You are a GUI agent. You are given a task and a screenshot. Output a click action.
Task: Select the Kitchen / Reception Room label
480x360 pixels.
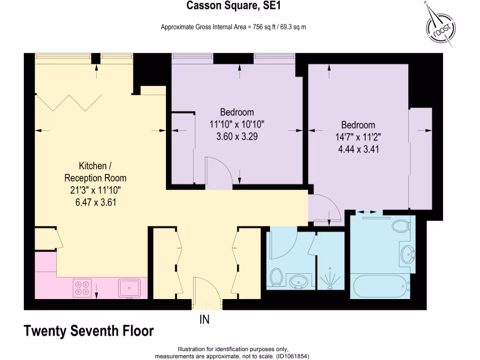click(x=95, y=172)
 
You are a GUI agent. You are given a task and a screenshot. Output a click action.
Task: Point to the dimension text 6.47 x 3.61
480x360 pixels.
click(x=95, y=202)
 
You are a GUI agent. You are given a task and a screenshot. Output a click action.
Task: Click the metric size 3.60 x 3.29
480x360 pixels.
click(x=237, y=137)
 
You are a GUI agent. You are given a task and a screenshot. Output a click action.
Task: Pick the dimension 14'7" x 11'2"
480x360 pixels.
click(x=358, y=137)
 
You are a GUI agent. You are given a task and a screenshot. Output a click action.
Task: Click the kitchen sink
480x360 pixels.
click(x=129, y=287)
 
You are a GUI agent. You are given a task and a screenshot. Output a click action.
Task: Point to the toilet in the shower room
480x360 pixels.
click(x=276, y=277)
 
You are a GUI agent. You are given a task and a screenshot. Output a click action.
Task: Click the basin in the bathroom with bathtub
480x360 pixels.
click(x=406, y=255)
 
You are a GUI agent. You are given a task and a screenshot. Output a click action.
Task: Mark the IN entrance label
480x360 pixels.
click(x=204, y=320)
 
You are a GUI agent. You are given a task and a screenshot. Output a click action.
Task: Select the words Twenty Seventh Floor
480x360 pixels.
click(x=89, y=331)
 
